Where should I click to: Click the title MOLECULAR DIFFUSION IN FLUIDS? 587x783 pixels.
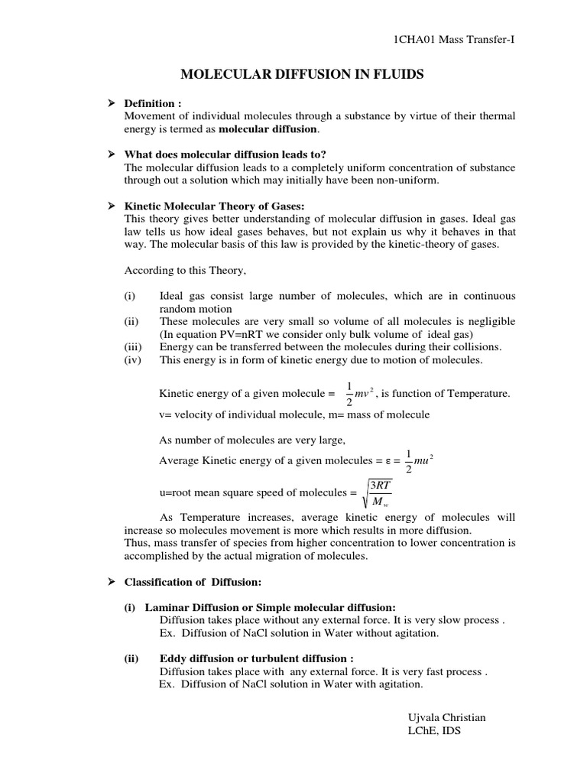[x=301, y=74]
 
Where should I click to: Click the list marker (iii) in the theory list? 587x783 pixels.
[x=134, y=346]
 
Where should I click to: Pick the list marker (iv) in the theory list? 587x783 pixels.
[x=134, y=359]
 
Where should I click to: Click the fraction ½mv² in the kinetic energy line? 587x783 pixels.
[x=357, y=393]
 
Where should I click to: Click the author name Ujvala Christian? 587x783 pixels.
[x=448, y=717]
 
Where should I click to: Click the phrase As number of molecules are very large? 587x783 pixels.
[x=252, y=440]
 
